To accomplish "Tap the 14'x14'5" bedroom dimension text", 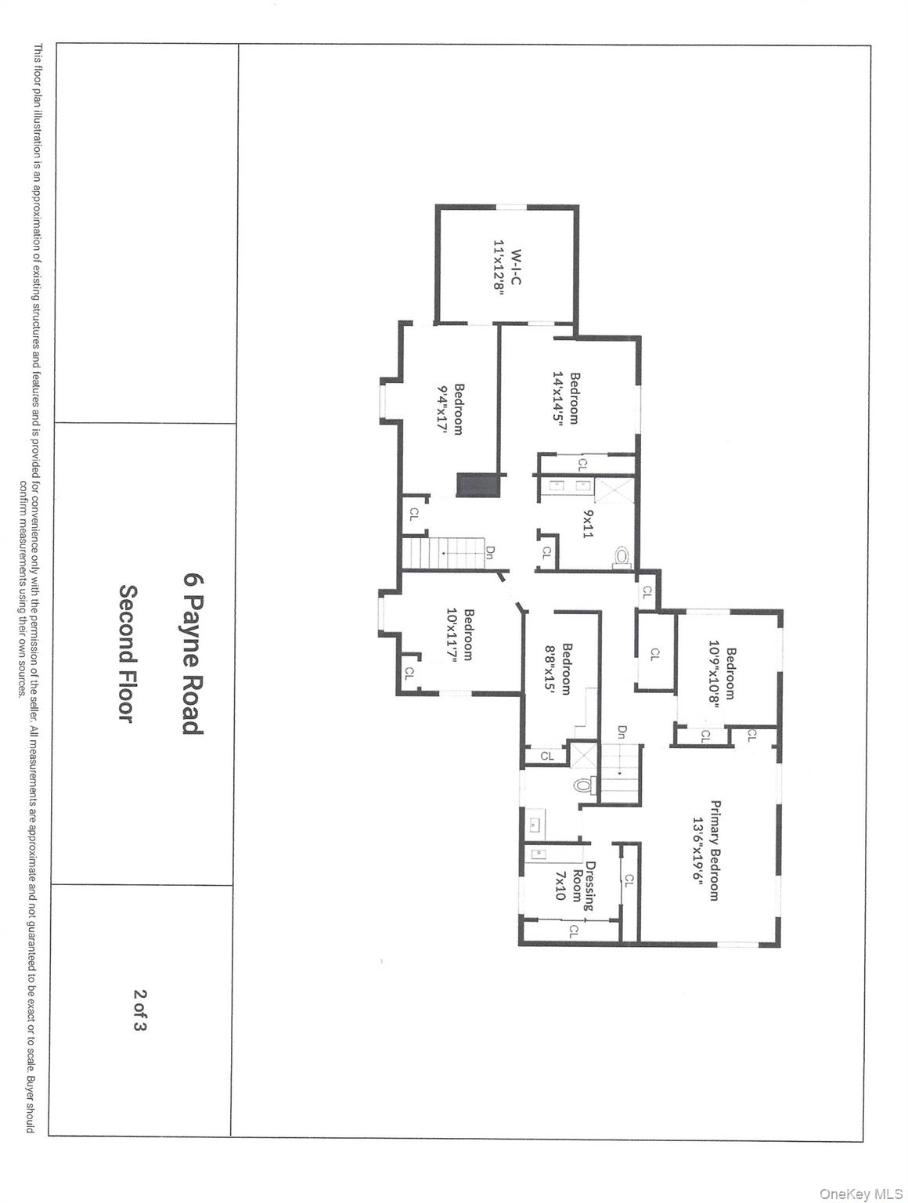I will pos(558,397).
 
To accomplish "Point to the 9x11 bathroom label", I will pos(588,523).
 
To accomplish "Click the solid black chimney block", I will pos(477,485).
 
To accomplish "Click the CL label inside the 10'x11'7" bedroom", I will pos(409,672).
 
